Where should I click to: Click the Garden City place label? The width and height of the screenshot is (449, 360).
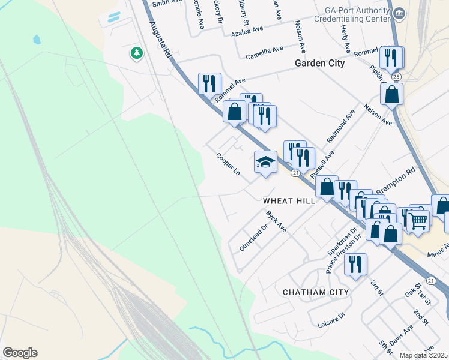coord(319,64)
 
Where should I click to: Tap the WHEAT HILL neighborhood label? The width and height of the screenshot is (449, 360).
coord(289,202)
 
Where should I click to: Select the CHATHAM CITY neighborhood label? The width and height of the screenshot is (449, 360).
coord(316,292)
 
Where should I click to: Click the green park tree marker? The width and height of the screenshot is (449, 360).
coord(137,53)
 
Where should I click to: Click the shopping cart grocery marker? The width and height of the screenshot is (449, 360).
coord(418,220)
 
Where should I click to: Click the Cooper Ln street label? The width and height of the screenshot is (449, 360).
coord(228,164)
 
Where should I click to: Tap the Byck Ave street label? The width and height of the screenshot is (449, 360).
coord(276,221)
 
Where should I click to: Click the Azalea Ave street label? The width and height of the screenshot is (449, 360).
coord(247,29)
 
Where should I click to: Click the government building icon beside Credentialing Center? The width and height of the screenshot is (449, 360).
coord(399,13)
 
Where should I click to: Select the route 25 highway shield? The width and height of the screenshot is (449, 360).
coord(396,77)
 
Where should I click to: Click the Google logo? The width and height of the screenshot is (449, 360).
coord(20,353)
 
